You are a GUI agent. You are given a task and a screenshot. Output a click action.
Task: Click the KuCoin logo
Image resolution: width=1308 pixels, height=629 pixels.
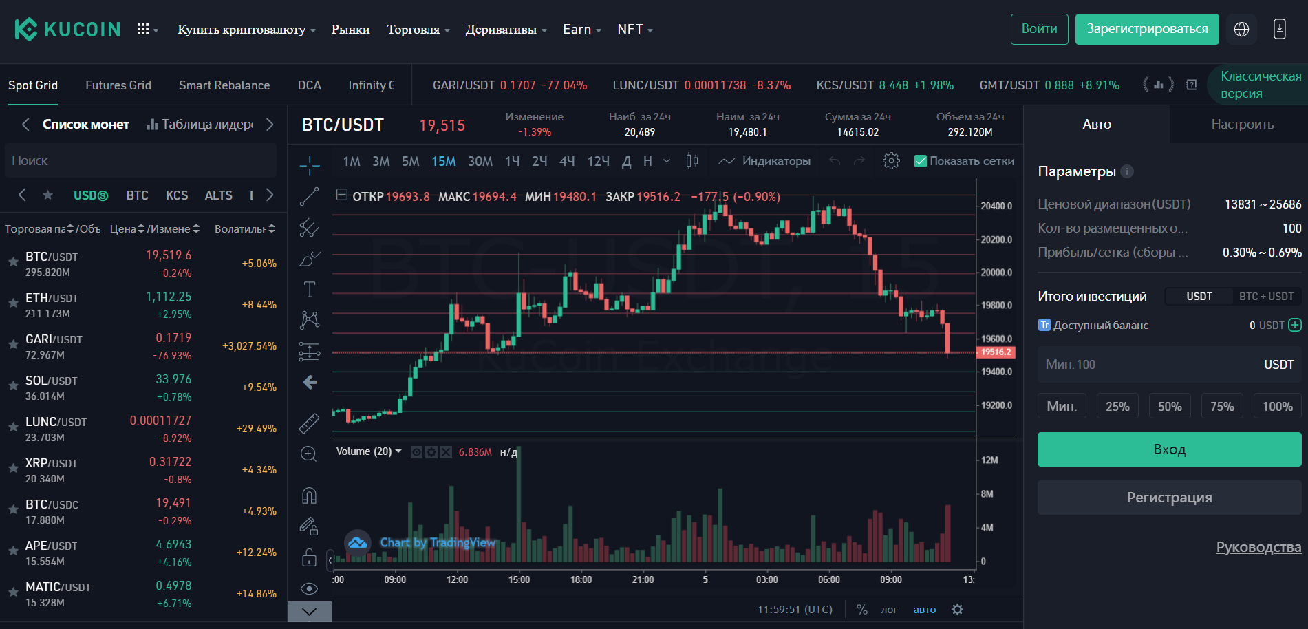67,29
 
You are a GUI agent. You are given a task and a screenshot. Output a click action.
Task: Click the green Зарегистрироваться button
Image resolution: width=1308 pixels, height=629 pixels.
1146,29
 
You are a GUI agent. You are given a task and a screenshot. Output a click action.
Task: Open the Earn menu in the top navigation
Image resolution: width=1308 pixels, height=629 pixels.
581,29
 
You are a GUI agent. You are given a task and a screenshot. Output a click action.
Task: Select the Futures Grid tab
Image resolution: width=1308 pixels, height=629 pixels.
118,85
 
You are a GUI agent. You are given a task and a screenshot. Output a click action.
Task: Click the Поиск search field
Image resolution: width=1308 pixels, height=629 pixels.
140,160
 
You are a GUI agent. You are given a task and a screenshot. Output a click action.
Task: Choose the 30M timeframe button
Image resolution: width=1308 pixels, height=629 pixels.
480,161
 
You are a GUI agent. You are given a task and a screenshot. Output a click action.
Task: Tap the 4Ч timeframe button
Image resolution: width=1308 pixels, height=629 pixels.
566,161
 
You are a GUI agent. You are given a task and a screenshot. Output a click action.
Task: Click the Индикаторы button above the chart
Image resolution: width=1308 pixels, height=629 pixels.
764,161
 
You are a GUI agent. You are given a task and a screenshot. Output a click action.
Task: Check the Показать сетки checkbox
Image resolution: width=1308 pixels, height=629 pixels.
920,161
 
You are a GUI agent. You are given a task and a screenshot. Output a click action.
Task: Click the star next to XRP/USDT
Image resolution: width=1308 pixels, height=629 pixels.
13,469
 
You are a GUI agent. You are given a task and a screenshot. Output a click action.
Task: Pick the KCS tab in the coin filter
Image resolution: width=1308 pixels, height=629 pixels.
176,195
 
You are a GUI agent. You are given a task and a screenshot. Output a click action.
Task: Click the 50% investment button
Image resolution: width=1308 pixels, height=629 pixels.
1169,406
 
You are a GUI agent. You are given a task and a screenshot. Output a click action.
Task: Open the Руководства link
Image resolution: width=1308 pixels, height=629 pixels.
1258,547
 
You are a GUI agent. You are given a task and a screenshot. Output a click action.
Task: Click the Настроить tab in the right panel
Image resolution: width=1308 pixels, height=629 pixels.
1242,125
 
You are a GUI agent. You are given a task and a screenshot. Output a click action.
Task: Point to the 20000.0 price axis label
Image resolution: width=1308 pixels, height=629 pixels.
996,273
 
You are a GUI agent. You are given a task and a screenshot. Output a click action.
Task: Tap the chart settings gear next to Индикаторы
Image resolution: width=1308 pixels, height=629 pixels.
891,161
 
